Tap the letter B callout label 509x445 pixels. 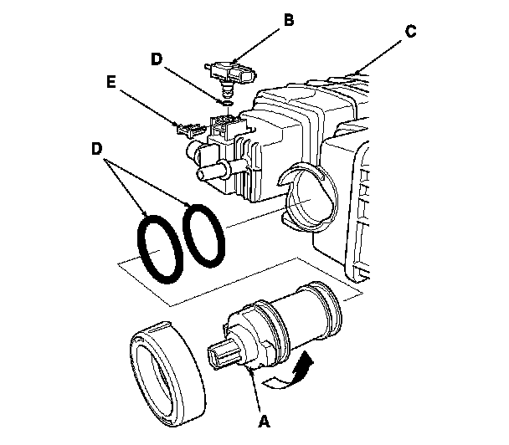(288, 19)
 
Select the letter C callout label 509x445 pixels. (410, 31)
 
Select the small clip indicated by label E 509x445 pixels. (189, 129)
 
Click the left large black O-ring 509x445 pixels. (159, 248)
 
